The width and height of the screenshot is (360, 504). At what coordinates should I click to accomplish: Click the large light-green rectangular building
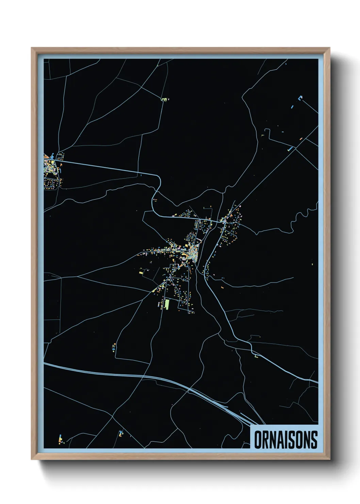(x=167, y=304)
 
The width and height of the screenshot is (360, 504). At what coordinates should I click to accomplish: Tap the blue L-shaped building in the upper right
(x=300, y=98)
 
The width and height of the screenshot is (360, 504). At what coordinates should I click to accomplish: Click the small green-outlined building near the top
(x=165, y=99)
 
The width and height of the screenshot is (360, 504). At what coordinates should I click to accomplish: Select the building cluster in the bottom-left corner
(x=61, y=440)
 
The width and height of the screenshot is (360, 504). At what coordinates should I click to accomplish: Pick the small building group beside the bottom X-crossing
(x=120, y=433)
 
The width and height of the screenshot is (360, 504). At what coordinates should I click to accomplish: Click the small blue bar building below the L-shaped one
(x=292, y=107)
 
